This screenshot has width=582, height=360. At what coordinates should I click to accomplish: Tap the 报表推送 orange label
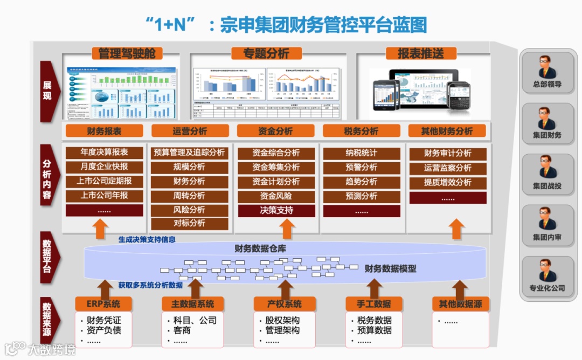tap(421, 53)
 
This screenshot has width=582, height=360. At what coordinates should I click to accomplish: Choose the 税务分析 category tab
tap(361, 131)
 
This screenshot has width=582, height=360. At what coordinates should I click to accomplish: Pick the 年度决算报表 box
tap(105, 153)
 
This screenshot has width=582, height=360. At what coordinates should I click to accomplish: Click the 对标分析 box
tap(189, 223)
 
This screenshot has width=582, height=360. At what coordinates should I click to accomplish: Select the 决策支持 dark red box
tap(276, 210)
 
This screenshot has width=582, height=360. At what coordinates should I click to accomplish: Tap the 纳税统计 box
tap(362, 153)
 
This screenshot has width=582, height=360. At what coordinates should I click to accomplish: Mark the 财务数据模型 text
tap(391, 268)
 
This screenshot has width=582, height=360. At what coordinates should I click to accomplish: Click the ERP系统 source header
tap(103, 304)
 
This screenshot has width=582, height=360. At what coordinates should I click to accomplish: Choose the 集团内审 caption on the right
tap(547, 237)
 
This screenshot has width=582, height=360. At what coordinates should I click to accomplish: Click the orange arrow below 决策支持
tap(287, 229)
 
